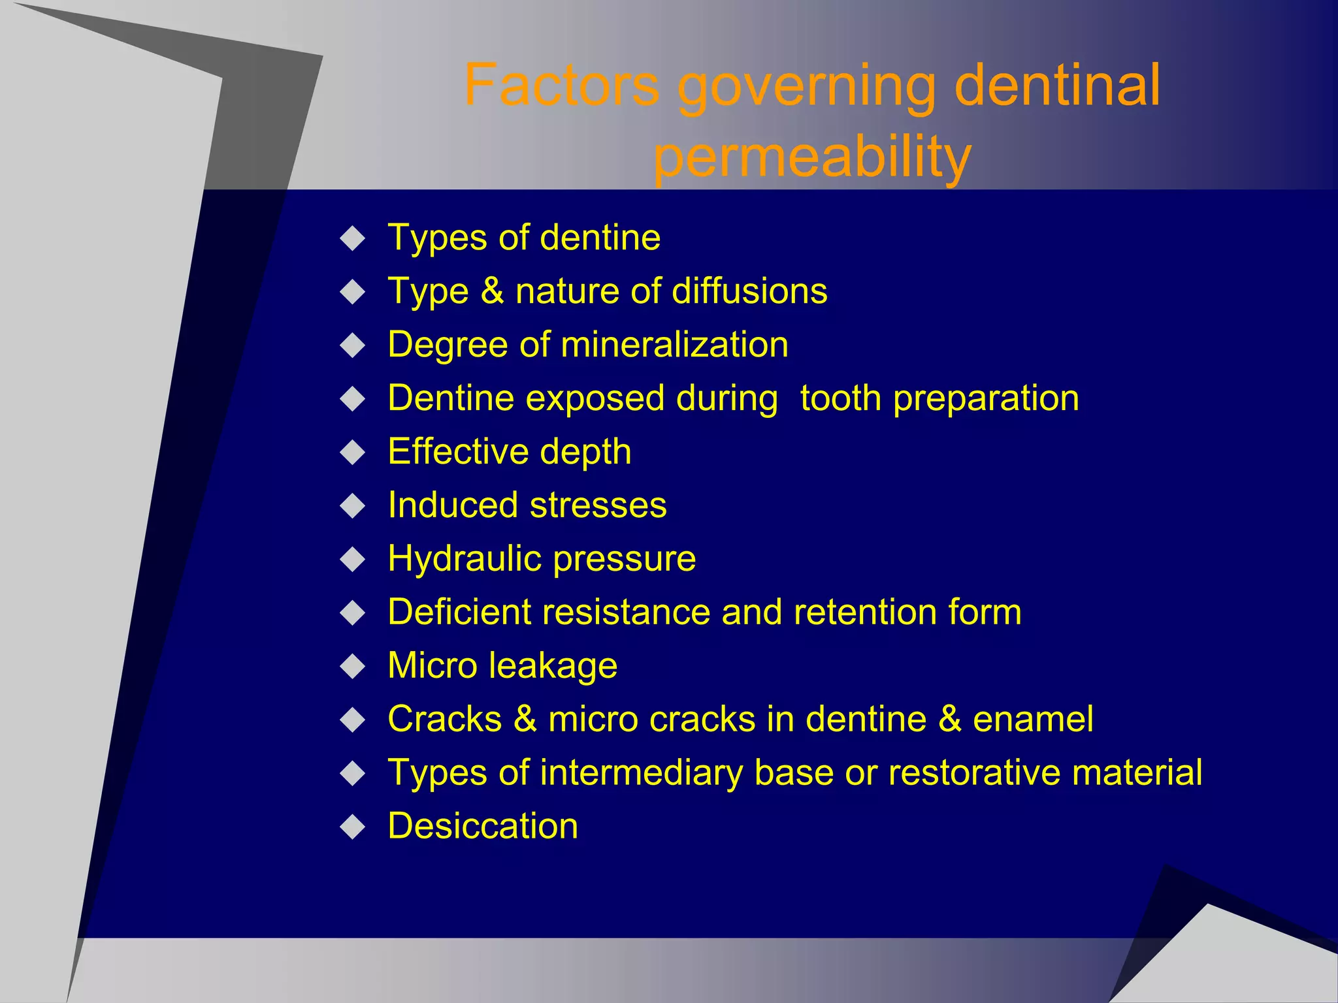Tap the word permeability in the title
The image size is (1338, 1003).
[812, 157]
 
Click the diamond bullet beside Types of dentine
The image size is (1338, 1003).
[353, 238]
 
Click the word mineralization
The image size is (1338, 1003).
[674, 344]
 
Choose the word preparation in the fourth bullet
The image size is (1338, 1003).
[986, 399]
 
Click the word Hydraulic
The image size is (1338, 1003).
[465, 559]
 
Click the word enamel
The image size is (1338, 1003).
[1033, 720]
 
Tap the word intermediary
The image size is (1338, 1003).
[642, 773]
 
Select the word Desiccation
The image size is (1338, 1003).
[483, 826]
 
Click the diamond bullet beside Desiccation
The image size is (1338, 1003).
[353, 827]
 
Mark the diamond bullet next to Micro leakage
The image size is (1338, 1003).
[353, 666]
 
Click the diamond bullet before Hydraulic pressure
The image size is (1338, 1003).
[353, 560]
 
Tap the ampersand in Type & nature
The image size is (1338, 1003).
[492, 291]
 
